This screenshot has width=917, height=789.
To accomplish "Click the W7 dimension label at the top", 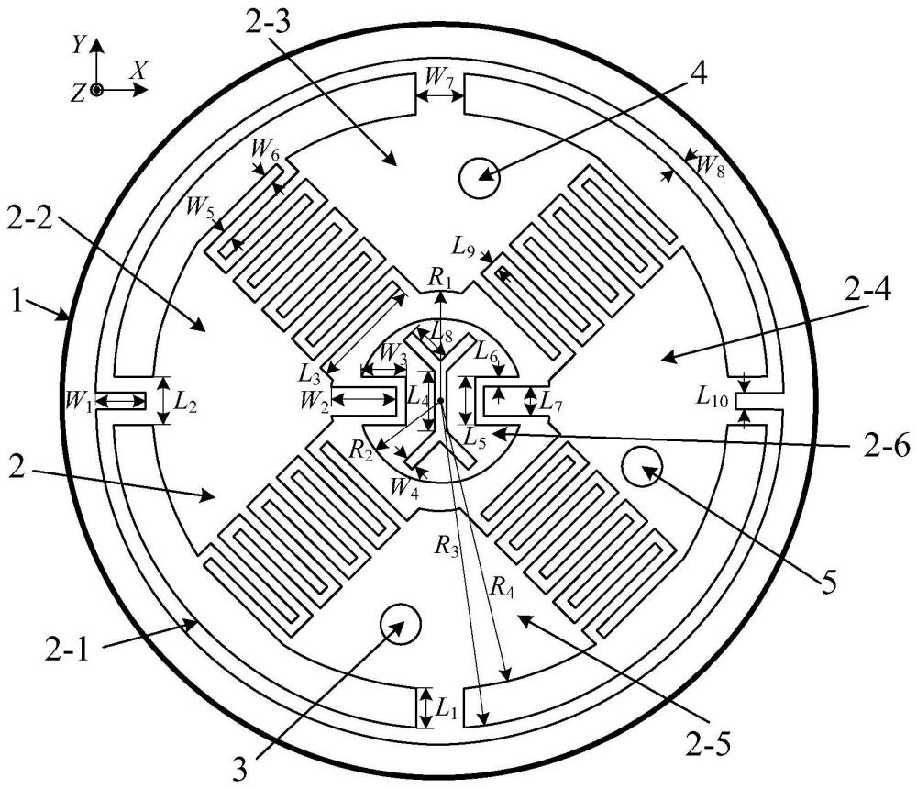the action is (x=439, y=77).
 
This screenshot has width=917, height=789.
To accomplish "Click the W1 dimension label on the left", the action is (x=77, y=402).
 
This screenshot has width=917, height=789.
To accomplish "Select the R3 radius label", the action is (x=447, y=545).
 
